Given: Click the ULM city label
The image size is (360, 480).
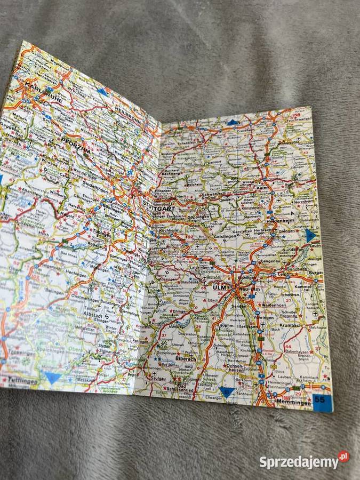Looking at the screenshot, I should (x=219, y=287).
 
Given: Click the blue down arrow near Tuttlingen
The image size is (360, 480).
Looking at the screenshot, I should (x=52, y=378).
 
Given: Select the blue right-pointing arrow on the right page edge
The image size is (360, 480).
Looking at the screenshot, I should (x=311, y=235).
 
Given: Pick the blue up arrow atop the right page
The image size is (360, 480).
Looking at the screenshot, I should (x=232, y=123).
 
